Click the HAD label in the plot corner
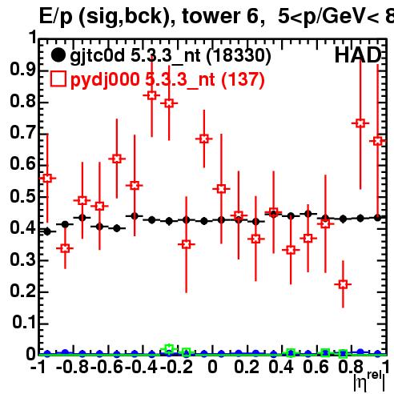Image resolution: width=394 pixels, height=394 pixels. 358,55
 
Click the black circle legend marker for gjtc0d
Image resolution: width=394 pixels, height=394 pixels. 58,55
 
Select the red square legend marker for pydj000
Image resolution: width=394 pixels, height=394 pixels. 58,79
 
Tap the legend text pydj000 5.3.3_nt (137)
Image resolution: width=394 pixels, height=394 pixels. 167,80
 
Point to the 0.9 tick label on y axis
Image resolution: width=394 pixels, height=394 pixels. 22,69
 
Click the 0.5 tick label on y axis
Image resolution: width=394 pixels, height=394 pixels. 22,196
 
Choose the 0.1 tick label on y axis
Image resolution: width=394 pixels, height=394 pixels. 24,322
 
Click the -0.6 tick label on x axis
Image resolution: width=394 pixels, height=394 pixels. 107,367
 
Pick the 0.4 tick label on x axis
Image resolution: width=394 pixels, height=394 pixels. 281,367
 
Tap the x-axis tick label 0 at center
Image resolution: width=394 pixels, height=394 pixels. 212,367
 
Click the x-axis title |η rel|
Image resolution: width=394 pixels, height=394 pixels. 369,381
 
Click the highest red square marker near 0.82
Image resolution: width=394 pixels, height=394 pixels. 151,95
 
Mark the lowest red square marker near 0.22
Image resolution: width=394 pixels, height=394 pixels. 343,284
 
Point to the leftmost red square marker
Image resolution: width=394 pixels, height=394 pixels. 47,178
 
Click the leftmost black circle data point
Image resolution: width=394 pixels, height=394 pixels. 47,231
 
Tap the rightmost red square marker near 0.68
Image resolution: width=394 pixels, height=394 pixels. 378,141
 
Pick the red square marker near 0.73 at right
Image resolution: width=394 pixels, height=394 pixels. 360,123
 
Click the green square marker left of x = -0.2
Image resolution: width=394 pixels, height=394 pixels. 169,348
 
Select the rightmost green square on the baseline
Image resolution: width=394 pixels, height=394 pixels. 343,354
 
